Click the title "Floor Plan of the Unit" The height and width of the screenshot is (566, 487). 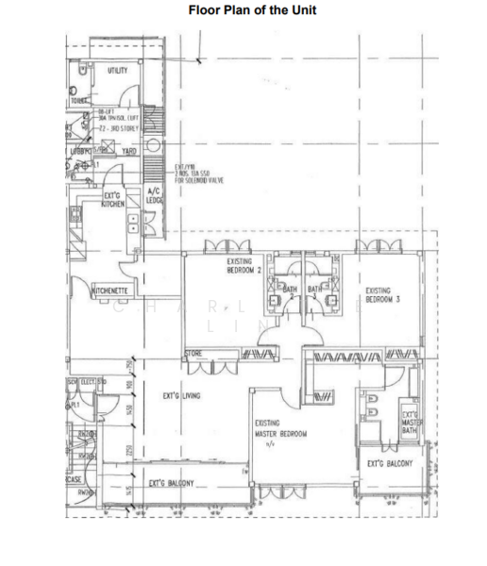(252, 10)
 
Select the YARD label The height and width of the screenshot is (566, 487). (129, 151)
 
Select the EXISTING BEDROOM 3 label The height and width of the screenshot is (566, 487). (383, 296)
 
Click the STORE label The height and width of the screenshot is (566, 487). (193, 355)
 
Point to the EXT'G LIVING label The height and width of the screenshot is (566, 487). (181, 397)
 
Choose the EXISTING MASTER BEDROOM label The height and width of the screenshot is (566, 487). (280, 429)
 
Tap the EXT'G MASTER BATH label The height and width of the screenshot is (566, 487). (411, 421)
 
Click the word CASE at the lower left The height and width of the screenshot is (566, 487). (73, 479)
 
